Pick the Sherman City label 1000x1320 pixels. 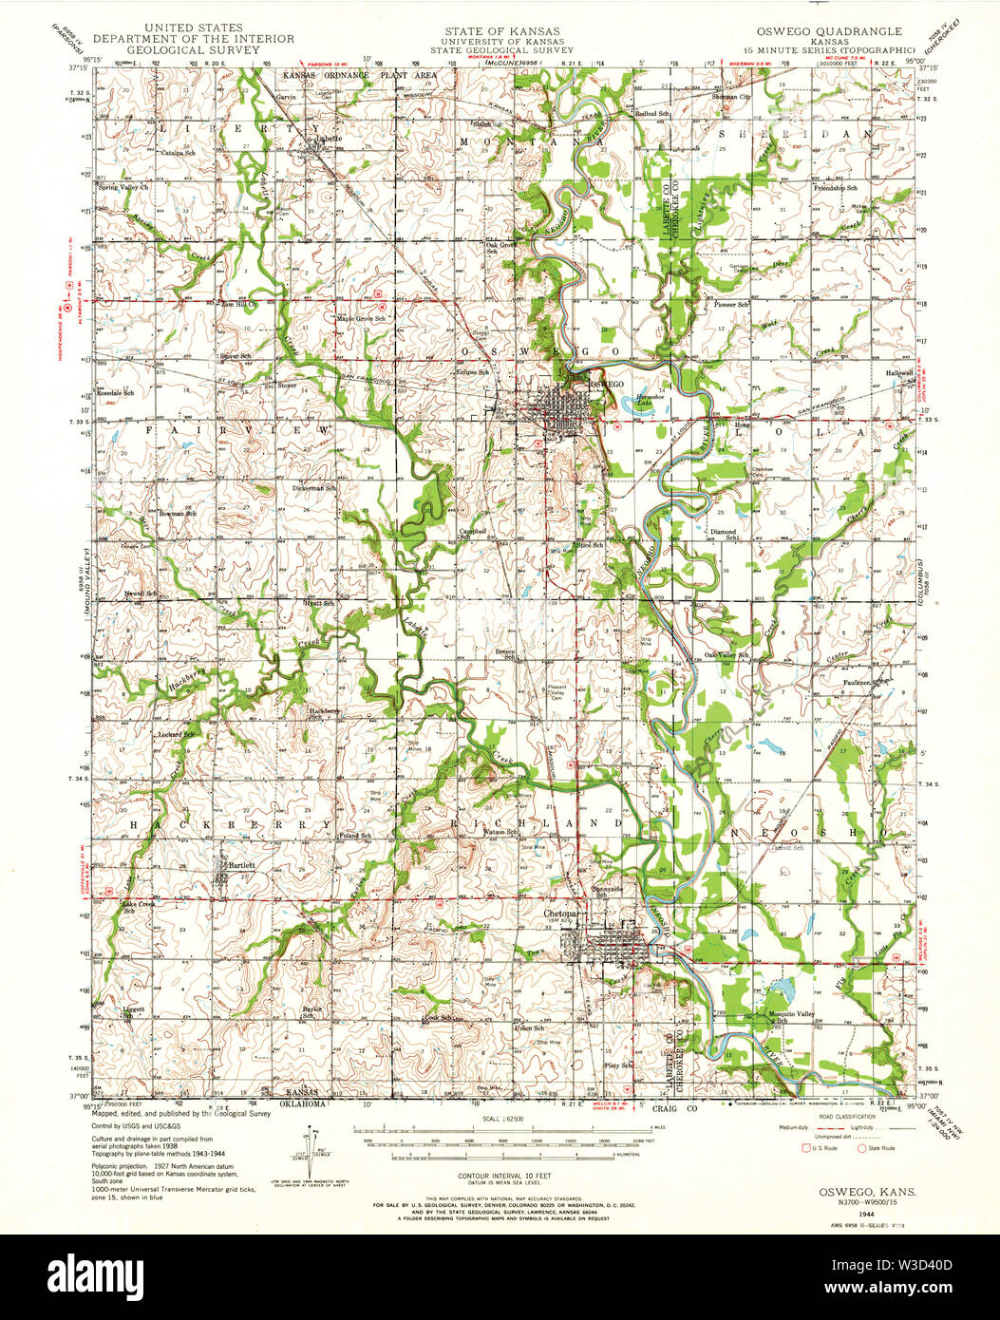coord(731,97)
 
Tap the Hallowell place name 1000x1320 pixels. coord(898,373)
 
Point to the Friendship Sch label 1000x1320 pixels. coord(835,188)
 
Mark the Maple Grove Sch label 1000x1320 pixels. coord(361,318)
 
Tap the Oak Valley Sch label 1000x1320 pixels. coord(727,655)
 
